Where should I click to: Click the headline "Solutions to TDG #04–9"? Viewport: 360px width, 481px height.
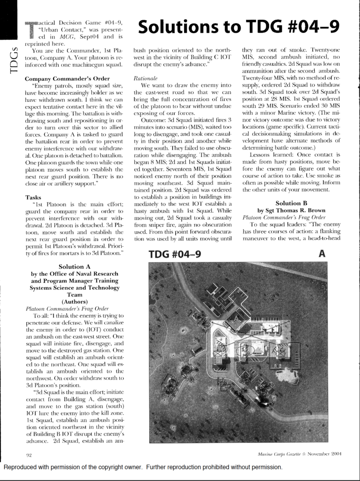point(239,27)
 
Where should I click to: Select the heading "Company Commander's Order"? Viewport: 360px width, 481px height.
point(67,78)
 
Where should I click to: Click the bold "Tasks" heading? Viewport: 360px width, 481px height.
point(34,197)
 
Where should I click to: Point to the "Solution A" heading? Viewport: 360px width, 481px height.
point(74,266)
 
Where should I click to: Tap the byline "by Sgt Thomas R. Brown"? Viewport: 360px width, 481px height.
point(291,210)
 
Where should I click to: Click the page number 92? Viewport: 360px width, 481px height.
point(28,454)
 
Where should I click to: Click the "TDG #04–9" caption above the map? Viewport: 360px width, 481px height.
point(175,254)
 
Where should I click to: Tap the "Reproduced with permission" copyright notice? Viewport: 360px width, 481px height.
point(143,467)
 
